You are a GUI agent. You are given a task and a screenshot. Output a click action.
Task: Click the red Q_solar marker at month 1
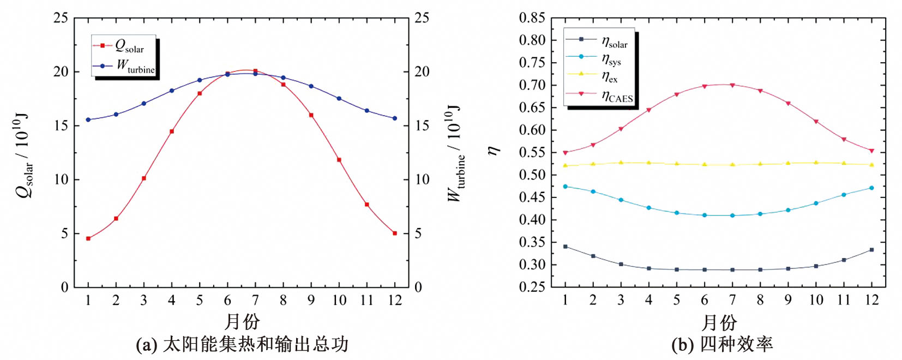88,238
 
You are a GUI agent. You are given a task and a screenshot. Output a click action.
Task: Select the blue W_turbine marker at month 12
395,118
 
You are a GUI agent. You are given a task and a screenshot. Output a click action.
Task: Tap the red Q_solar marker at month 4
172,131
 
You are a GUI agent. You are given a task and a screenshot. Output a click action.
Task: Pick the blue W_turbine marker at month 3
144,103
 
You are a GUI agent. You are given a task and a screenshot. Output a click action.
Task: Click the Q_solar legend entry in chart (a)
123,46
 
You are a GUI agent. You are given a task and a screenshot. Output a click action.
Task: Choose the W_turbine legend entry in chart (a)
124,67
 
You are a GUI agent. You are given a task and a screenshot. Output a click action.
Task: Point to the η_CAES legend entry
600,96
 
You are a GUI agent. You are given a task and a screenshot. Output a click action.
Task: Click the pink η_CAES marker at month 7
732,85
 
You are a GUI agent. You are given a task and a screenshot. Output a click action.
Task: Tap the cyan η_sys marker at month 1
565,187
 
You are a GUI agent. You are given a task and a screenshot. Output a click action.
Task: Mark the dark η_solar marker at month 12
871,250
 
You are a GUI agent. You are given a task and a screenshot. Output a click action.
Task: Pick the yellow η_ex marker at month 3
621,163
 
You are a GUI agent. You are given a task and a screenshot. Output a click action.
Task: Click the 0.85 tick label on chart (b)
532,18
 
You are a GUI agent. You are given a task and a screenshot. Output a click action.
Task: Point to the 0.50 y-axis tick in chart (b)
532,175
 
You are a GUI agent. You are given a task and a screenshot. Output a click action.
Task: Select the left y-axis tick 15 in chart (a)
61,125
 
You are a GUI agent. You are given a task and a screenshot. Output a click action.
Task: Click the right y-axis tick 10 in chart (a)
422,179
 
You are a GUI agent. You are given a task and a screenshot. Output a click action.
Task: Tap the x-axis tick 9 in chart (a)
311,300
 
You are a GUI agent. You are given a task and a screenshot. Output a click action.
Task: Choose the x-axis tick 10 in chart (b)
816,300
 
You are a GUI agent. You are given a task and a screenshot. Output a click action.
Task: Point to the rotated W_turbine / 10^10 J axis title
455,154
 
